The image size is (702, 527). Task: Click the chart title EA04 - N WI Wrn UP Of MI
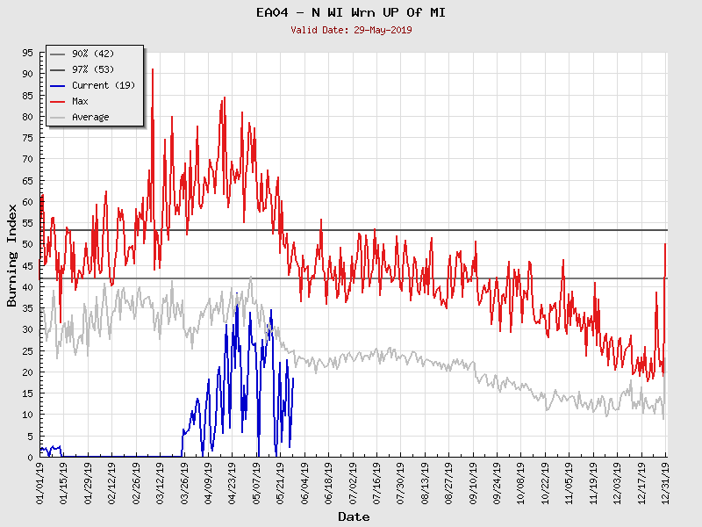(x=351, y=12)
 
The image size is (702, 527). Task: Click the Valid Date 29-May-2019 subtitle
(x=351, y=30)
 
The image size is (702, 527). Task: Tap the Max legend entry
(x=80, y=102)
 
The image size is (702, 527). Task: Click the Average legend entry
(x=90, y=118)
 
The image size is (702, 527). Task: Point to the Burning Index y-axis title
(x=11, y=255)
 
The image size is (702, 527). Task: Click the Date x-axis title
(x=354, y=517)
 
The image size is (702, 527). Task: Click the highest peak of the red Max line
(x=153, y=69)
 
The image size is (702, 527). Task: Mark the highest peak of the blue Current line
(x=237, y=304)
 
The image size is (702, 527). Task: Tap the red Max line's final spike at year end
(x=665, y=244)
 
